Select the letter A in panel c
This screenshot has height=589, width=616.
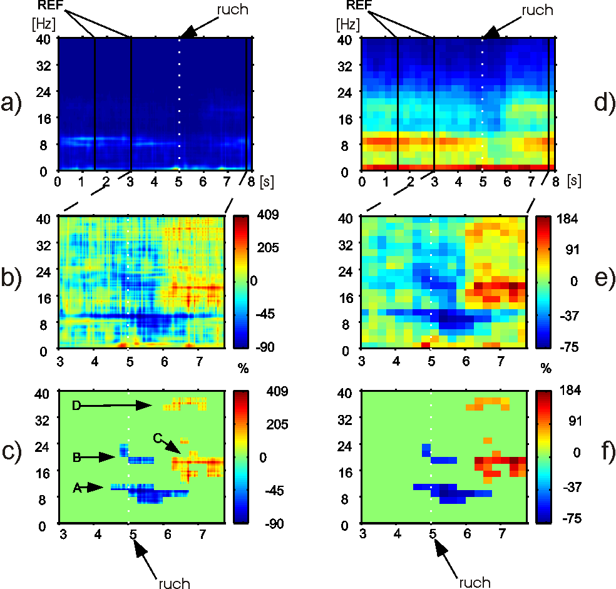point(78,488)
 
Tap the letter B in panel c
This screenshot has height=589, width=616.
point(76,458)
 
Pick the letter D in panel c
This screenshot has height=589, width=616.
point(76,406)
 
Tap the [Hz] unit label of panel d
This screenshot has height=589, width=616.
point(347,25)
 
